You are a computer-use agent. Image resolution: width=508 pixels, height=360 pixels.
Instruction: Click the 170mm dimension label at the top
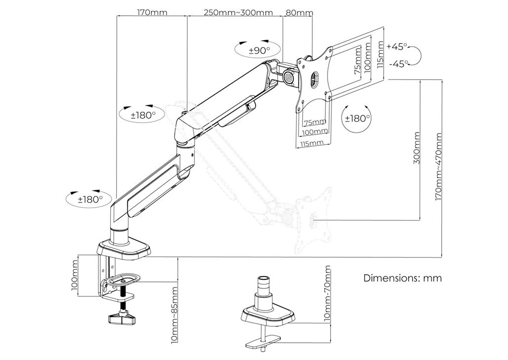[152, 13]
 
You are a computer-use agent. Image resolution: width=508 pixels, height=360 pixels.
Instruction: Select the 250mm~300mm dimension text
[238, 13]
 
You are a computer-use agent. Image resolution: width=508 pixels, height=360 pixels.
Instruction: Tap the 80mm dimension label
[299, 13]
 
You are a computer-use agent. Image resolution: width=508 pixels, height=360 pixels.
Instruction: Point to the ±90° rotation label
[259, 50]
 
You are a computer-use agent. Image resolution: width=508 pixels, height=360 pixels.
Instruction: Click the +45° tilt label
[397, 46]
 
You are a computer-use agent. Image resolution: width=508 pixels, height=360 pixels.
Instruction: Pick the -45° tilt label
[398, 64]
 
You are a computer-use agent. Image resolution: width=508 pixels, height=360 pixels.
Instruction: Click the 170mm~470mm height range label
[438, 166]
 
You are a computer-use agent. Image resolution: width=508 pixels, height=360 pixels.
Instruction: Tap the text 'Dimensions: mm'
[402, 278]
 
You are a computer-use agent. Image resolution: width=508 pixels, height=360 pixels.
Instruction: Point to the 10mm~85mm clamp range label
[174, 315]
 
